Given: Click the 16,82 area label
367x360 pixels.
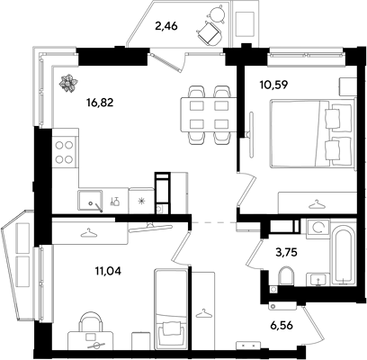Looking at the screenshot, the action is pos(100,103).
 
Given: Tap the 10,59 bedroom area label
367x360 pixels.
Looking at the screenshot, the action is pos(274,85).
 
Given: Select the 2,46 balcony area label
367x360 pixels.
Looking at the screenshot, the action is pos(166,26).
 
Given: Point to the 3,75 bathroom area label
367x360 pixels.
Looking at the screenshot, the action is pos(286,252).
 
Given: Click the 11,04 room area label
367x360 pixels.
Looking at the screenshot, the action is pos(108,272).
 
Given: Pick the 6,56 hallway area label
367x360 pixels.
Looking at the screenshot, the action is pos(281,325).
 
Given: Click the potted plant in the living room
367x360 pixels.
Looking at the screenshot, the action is pos(68,83).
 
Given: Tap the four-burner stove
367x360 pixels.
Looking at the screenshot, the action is pos(65,152).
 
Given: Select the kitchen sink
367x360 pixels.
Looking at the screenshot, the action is pos(90,201).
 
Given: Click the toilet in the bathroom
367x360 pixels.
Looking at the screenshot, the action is pos(285,275).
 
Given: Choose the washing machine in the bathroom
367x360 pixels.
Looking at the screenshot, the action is pos(318,229).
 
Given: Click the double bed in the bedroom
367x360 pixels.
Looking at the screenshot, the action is pos(313,134).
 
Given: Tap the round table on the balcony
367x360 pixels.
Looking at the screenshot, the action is pos(217,13).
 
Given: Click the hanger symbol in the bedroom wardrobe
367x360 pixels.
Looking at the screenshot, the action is pos(318,205).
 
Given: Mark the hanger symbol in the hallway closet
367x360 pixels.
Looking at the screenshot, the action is pos(203,313).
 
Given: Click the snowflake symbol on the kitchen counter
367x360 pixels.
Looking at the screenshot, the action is pos(141,201).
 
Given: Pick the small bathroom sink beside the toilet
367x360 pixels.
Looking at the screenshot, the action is pos(318,280).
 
